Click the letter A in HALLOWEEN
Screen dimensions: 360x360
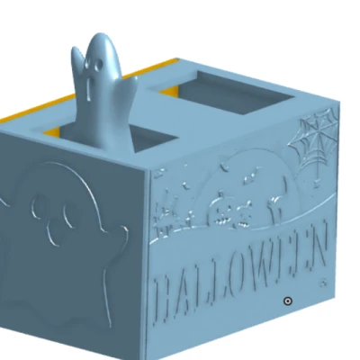[186, 291]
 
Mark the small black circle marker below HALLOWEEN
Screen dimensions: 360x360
[287, 301]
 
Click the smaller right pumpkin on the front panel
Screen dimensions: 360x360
[243, 213]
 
